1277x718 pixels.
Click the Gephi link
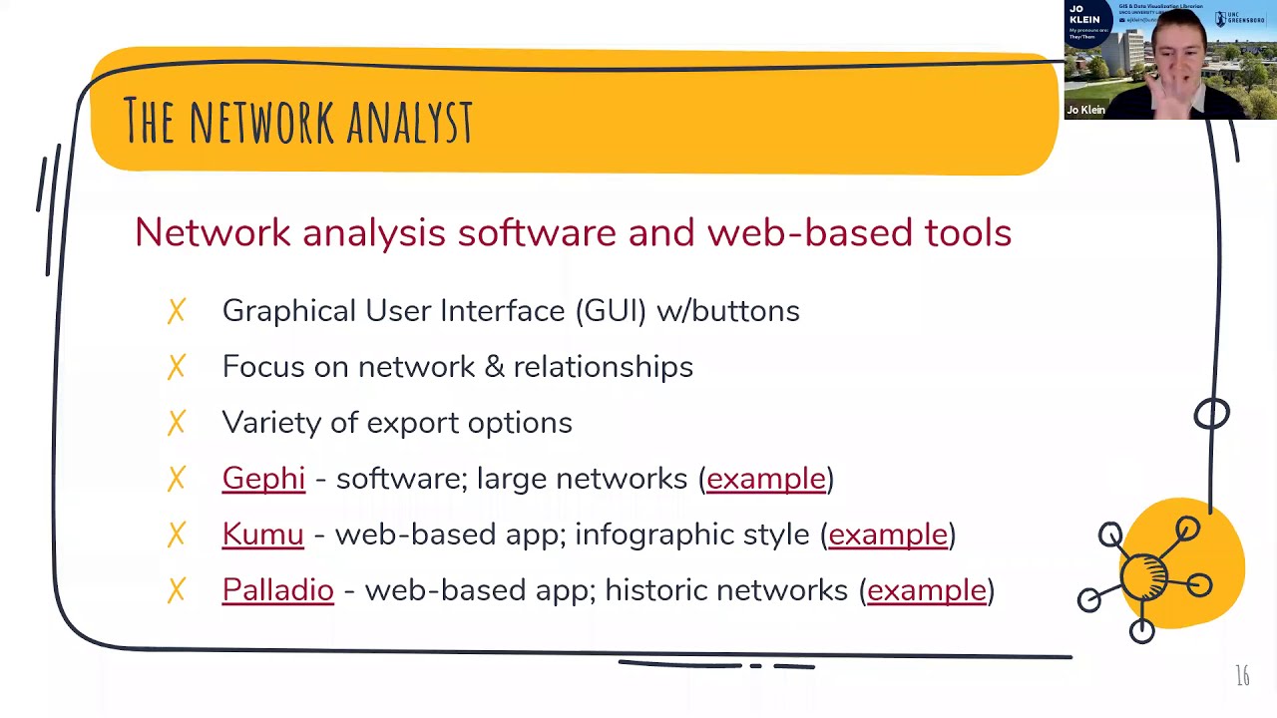(x=263, y=479)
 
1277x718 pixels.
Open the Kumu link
(x=262, y=535)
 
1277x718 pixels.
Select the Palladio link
(x=277, y=590)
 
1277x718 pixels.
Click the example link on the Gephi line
(x=766, y=479)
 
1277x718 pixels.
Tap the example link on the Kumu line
(x=888, y=535)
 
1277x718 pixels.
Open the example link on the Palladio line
(x=927, y=590)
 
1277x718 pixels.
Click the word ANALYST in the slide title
(x=410, y=122)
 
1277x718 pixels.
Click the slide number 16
(x=1242, y=676)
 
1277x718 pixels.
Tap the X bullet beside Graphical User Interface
(x=177, y=311)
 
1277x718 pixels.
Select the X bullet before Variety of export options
(x=177, y=423)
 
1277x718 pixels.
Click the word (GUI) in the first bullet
(x=611, y=311)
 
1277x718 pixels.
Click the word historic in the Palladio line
(x=655, y=590)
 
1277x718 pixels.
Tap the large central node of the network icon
(x=1145, y=575)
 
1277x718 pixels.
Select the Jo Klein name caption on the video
(x=1085, y=110)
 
